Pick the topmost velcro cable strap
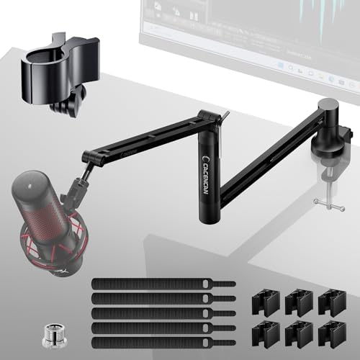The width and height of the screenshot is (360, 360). (162, 283)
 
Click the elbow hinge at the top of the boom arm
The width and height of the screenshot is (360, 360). (209, 115)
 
